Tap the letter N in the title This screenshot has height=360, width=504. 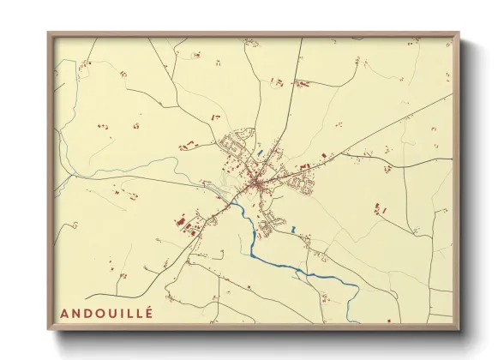click(75, 314)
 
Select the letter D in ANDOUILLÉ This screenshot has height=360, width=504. click(87, 314)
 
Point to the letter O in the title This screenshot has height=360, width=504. click(99, 314)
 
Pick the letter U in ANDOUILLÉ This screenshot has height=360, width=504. click(111, 314)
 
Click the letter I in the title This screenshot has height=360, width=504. click(122, 314)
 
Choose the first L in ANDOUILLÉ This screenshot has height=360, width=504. click(129, 314)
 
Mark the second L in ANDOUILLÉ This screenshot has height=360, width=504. click(139, 314)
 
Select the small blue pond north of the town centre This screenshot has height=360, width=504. click(260, 153)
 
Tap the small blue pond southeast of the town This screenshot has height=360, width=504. click(294, 229)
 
